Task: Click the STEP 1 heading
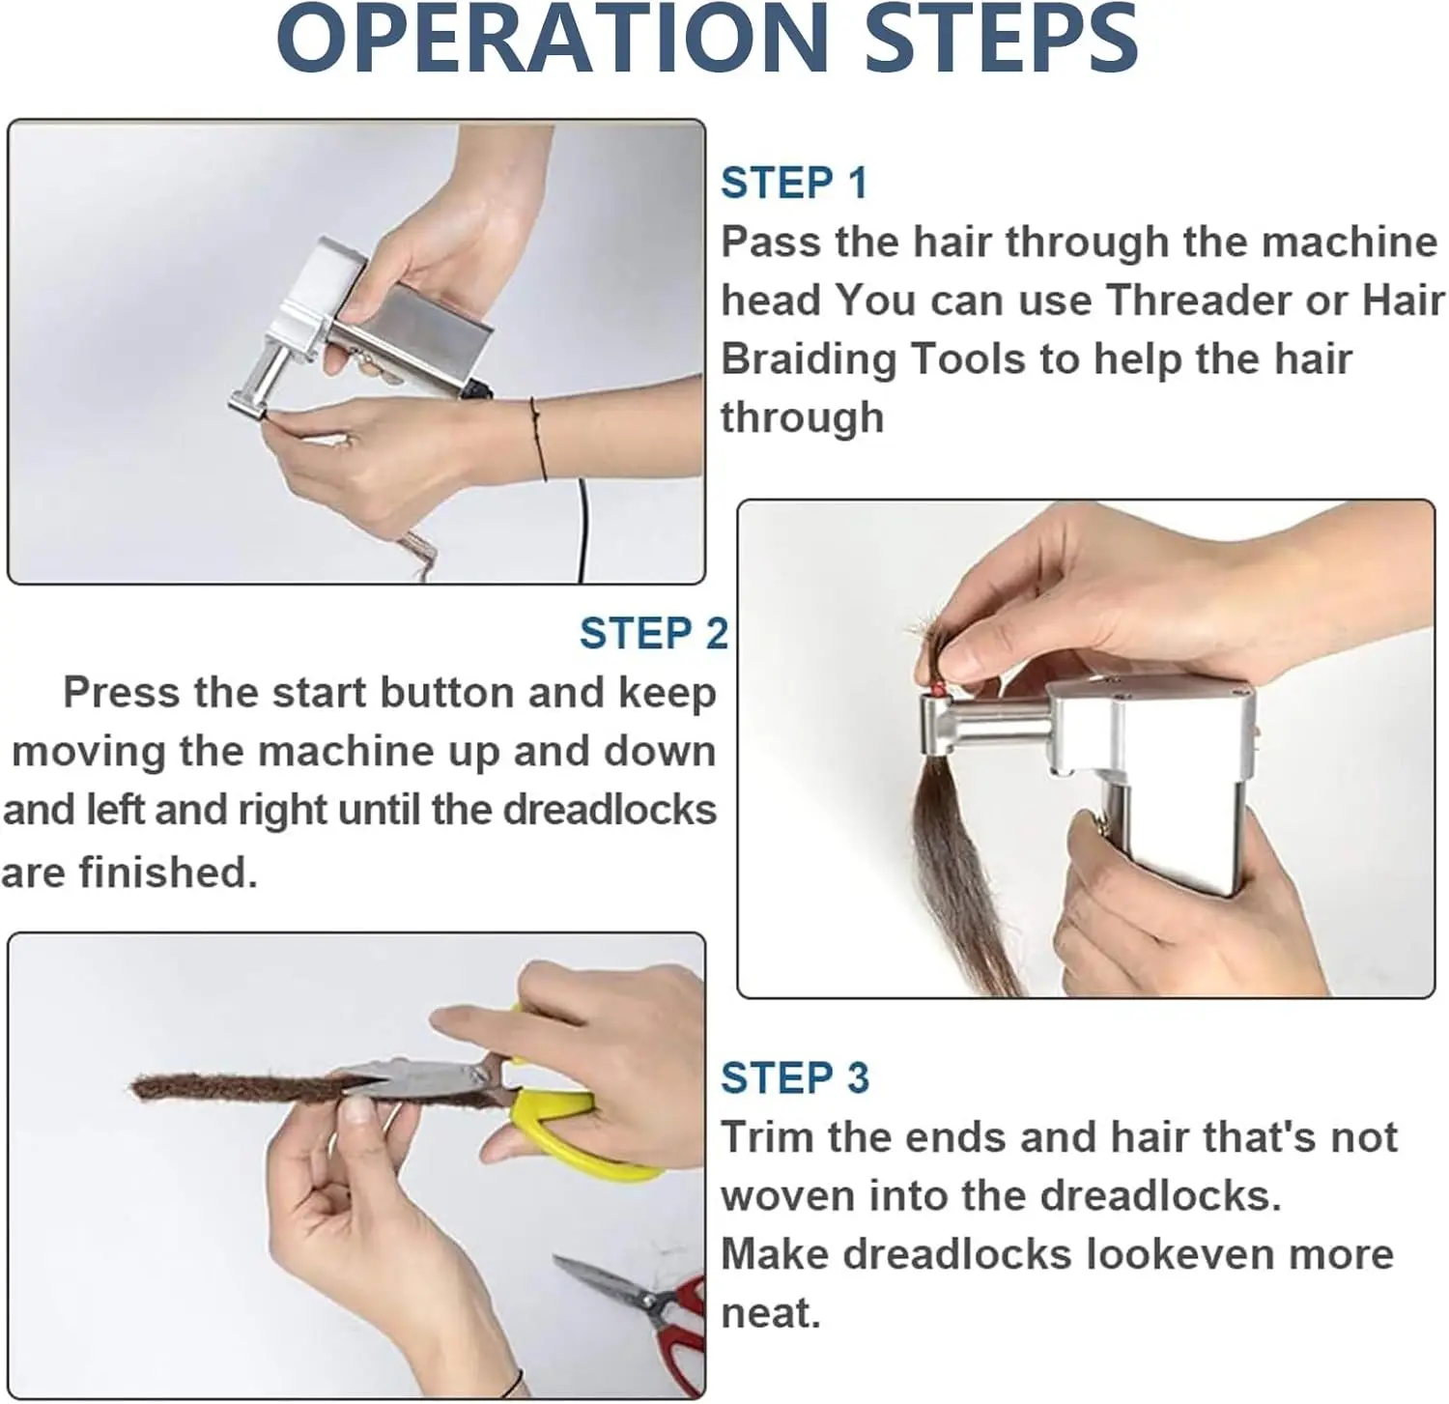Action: pyautogui.click(x=793, y=184)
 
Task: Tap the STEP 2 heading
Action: pyautogui.click(x=653, y=634)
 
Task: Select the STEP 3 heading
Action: pyautogui.click(x=794, y=1077)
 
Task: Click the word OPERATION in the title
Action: pyautogui.click(x=552, y=41)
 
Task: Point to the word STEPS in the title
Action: pyautogui.click(x=1000, y=41)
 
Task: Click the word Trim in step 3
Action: pyautogui.click(x=767, y=1137)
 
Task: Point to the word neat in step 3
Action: pyautogui.click(x=769, y=1313)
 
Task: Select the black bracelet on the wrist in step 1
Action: pyautogui.click(x=537, y=440)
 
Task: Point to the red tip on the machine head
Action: pyautogui.click(x=937, y=686)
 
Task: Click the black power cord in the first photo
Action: pyautogui.click(x=582, y=531)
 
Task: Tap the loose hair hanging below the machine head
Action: pyautogui.click(x=952, y=850)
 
